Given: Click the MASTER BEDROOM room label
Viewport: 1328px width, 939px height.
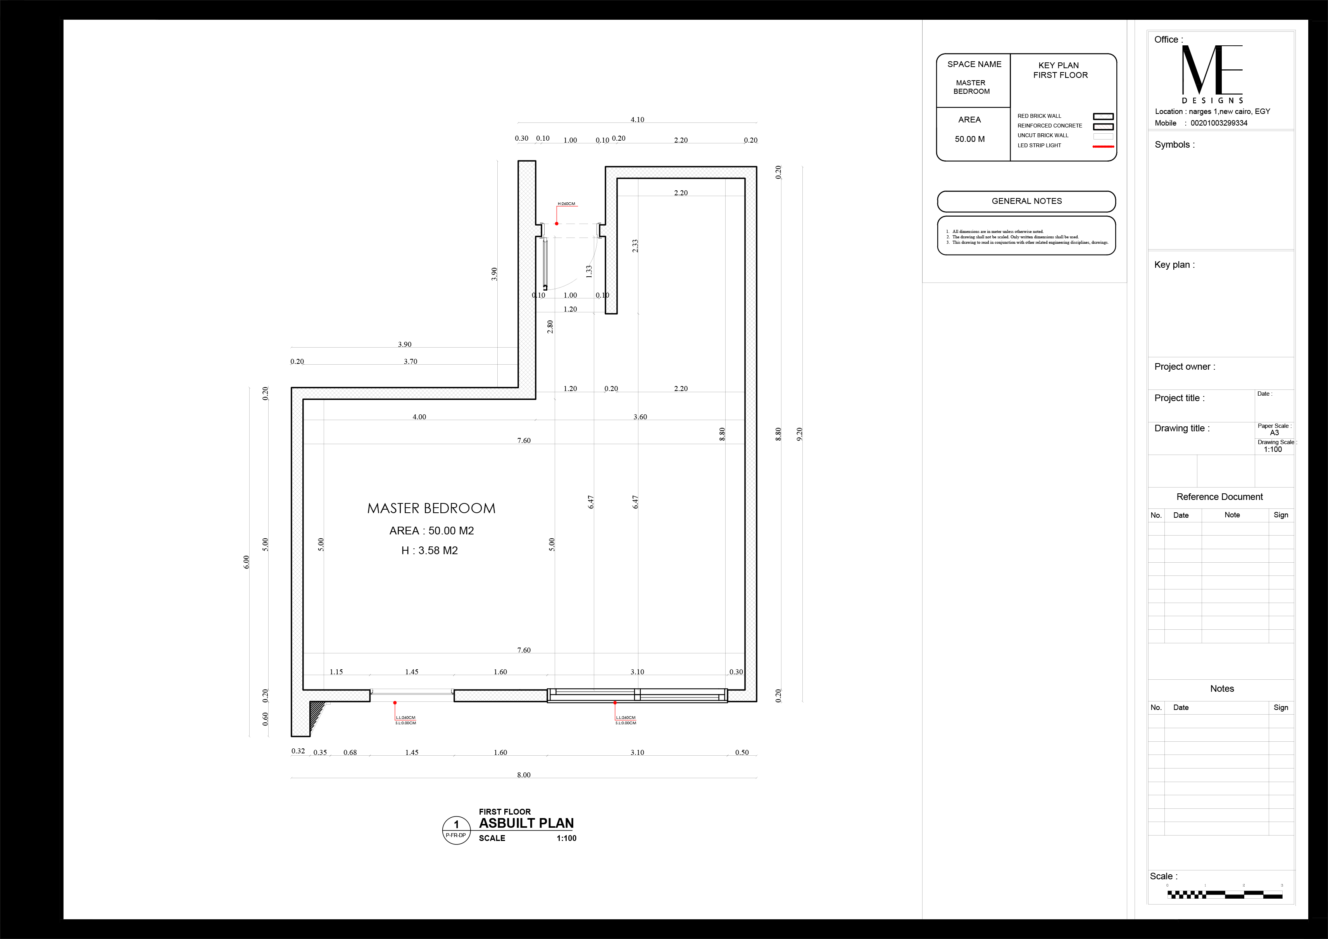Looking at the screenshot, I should click(x=431, y=508).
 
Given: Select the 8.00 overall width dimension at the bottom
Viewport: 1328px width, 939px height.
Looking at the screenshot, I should click(x=523, y=775).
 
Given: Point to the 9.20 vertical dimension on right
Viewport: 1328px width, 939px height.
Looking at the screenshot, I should click(x=799, y=434).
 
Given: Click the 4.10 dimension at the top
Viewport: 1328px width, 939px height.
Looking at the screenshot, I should click(x=637, y=120).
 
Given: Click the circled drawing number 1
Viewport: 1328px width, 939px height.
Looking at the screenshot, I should click(x=456, y=825).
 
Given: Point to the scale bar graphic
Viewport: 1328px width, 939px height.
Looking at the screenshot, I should click(x=1225, y=894).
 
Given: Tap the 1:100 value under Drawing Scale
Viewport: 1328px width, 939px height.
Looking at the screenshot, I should click(x=1273, y=449).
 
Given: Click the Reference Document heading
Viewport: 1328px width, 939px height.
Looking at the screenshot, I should click(x=1219, y=497).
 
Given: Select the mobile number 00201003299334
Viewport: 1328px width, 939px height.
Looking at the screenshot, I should click(x=1219, y=123).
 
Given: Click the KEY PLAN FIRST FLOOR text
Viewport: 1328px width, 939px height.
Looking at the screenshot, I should click(x=1060, y=70).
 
